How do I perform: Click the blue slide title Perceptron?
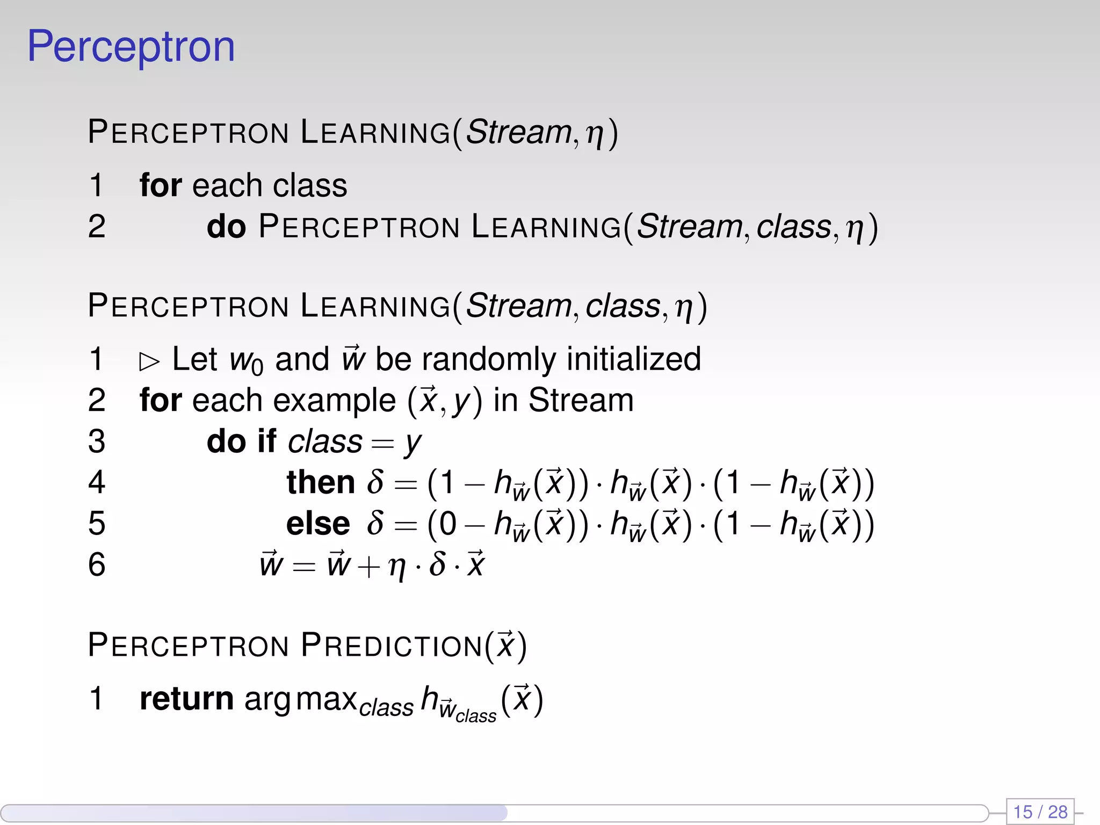coord(131,47)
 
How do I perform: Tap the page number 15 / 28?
coord(1040,811)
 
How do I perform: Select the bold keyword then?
coord(321,482)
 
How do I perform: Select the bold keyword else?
coord(318,523)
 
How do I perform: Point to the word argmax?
coord(301,699)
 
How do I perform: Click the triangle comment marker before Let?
coord(149,361)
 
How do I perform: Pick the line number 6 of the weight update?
coord(97,565)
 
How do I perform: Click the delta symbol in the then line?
coord(375,481)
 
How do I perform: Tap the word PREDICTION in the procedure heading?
coord(392,645)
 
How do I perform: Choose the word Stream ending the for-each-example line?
coord(581,400)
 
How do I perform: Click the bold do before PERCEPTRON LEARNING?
coord(226,226)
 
